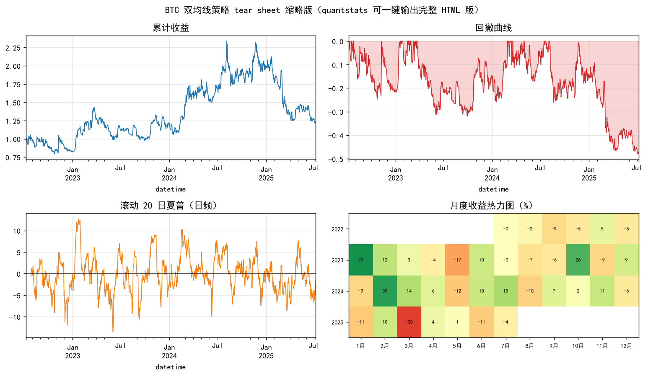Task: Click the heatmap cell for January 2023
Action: pyautogui.click(x=361, y=260)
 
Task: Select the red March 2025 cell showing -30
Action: pyautogui.click(x=409, y=322)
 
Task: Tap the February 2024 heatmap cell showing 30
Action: pyautogui.click(x=385, y=291)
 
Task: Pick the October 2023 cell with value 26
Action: pyautogui.click(x=578, y=260)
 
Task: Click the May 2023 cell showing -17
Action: pyautogui.click(x=457, y=260)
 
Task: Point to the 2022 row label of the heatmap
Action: pyautogui.click(x=337, y=229)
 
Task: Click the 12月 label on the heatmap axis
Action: pyautogui.click(x=626, y=346)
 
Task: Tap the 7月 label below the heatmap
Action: pyautogui.click(x=505, y=346)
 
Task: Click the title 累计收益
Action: pyautogui.click(x=171, y=28)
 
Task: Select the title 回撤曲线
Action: pyautogui.click(x=493, y=28)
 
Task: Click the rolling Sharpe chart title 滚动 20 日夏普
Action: pyautogui.click(x=152, y=206)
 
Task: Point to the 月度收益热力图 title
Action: pyautogui.click(x=482, y=206)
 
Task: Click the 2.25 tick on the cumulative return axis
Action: pyautogui.click(x=13, y=48)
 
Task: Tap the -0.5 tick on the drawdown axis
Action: pyautogui.click(x=336, y=159)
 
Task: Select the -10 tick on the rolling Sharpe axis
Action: pyautogui.click(x=15, y=317)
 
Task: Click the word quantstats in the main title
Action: pyautogui.click(x=345, y=10)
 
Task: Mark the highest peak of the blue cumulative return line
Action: pyautogui.click(x=227, y=41)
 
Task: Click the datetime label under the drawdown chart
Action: pyautogui.click(x=493, y=189)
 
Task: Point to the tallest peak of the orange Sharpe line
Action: pyautogui.click(x=78, y=219)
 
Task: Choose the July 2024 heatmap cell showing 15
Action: pyautogui.click(x=505, y=291)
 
